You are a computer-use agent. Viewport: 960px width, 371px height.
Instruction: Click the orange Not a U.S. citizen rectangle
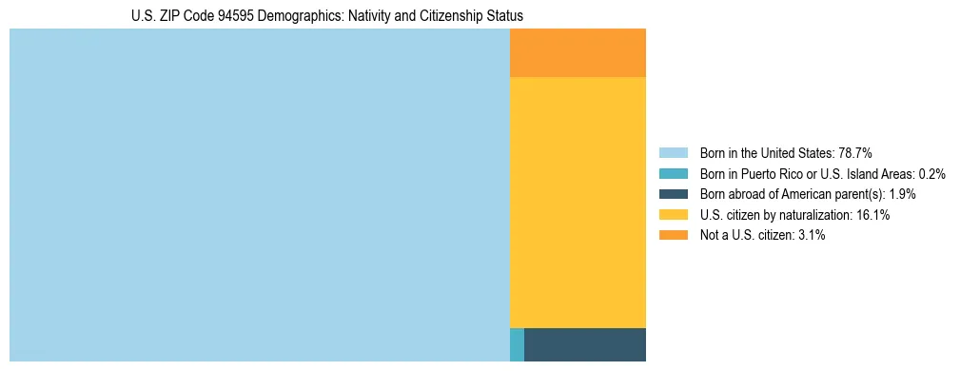pyautogui.click(x=578, y=52)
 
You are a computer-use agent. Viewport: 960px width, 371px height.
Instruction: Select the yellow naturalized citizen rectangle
pyautogui.click(x=578, y=202)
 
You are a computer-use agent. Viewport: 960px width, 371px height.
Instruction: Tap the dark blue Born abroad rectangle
pyautogui.click(x=584, y=344)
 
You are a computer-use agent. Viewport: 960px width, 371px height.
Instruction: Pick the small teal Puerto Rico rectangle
pyautogui.click(x=517, y=344)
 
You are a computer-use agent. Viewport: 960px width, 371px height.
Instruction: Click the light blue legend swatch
pyautogui.click(x=673, y=152)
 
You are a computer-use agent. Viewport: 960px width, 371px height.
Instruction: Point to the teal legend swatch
pyautogui.click(x=673, y=173)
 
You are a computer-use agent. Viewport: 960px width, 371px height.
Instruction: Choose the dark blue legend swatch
pyautogui.click(x=673, y=194)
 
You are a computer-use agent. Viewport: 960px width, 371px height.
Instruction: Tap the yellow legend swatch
pyautogui.click(x=673, y=215)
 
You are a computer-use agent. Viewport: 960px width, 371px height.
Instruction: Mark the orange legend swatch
pyautogui.click(x=673, y=235)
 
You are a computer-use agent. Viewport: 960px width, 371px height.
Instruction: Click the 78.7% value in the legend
pyautogui.click(x=854, y=152)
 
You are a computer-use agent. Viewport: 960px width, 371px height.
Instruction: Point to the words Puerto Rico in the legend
pyautogui.click(x=773, y=173)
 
